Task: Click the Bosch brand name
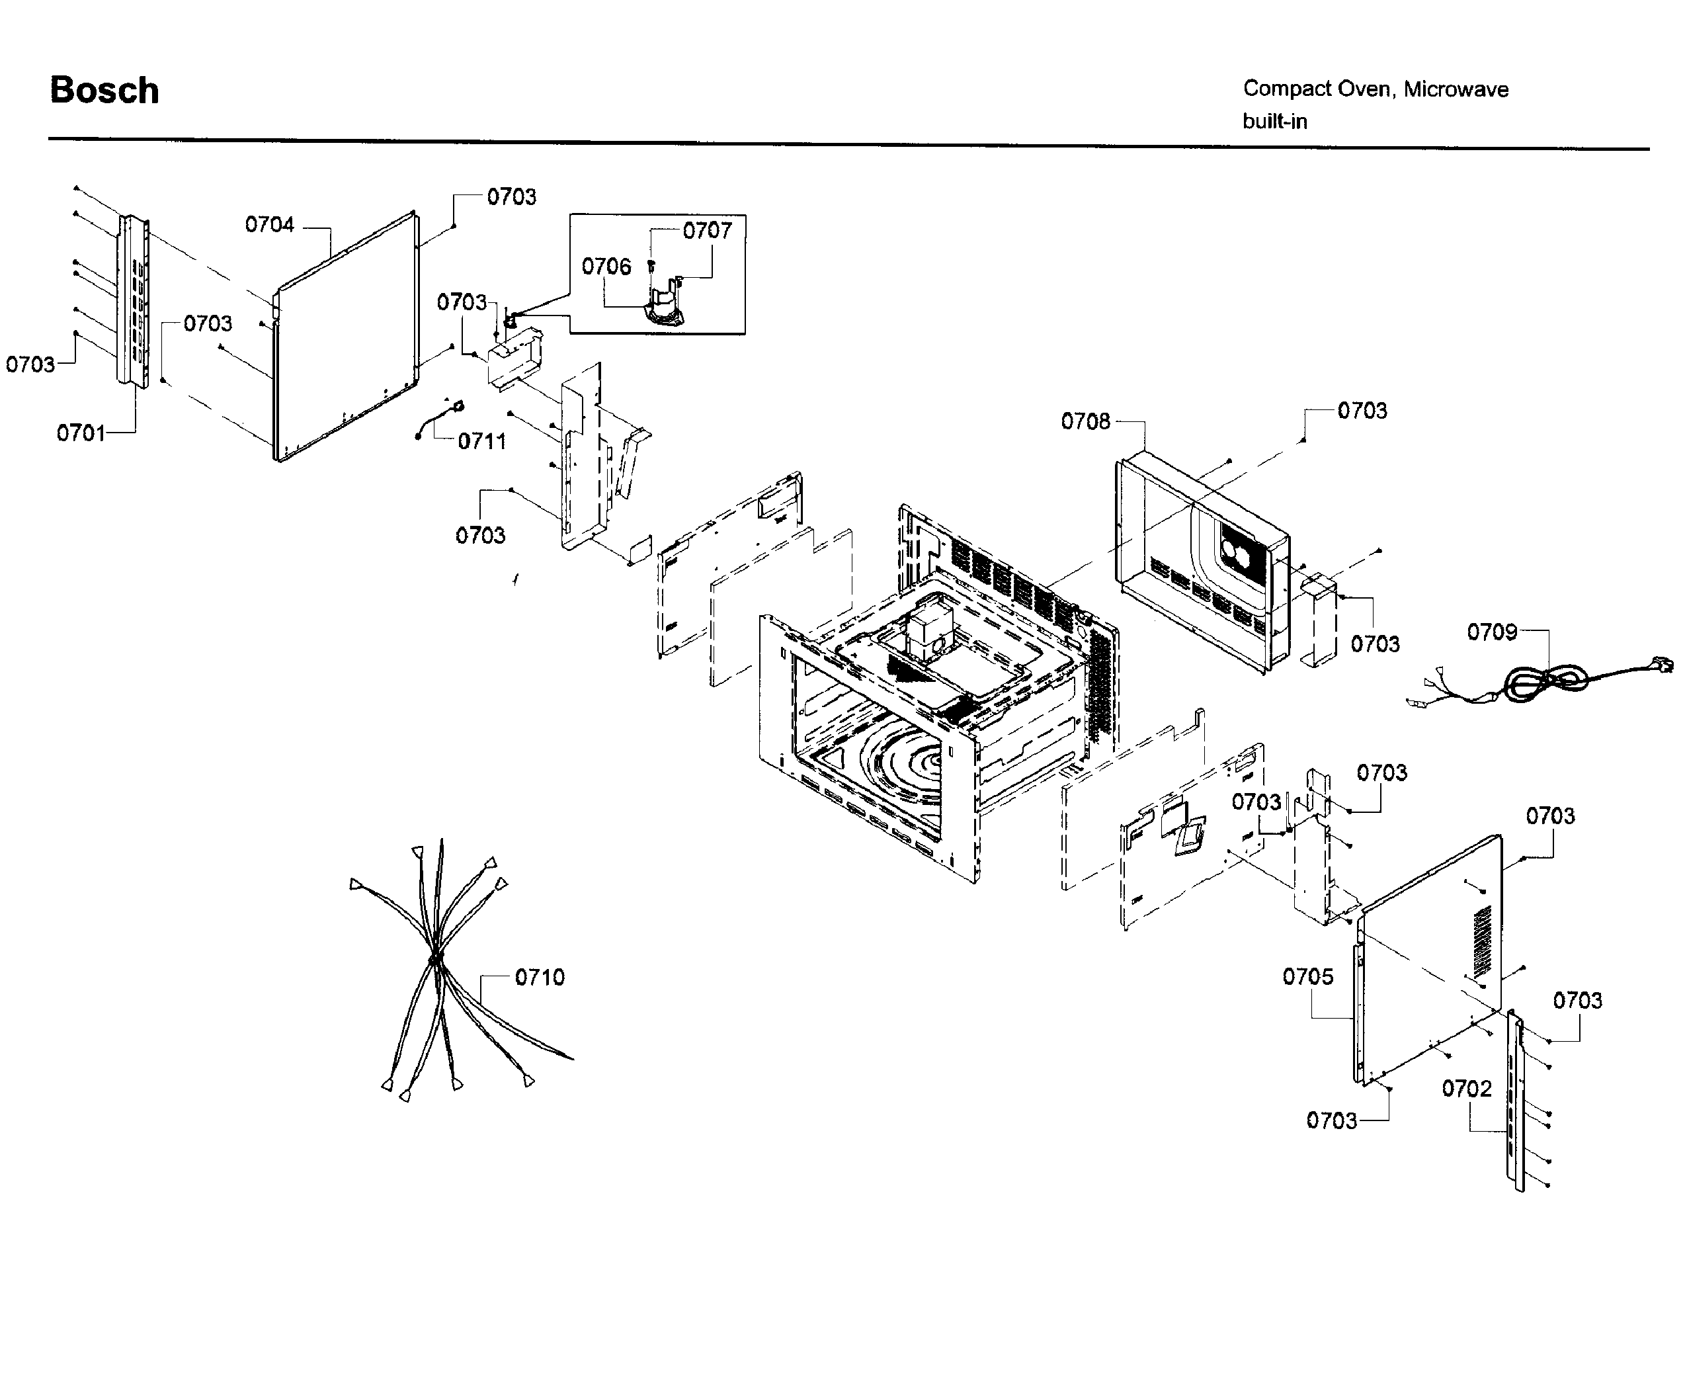pyautogui.click(x=104, y=91)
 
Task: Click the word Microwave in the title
pyautogui.click(x=1456, y=89)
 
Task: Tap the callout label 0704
pyautogui.click(x=270, y=225)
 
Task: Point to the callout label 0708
pyautogui.click(x=1085, y=422)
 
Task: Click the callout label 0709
pyautogui.click(x=1491, y=632)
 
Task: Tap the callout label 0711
pyautogui.click(x=481, y=441)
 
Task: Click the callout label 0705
pyautogui.click(x=1307, y=976)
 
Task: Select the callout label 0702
pyautogui.click(x=1467, y=1088)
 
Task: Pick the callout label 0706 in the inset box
pyautogui.click(x=606, y=267)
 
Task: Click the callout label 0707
pyautogui.click(x=708, y=230)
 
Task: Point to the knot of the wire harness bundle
pyautogui.click(x=435, y=958)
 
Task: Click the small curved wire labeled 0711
pyautogui.click(x=440, y=419)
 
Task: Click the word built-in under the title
pyautogui.click(x=1274, y=122)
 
